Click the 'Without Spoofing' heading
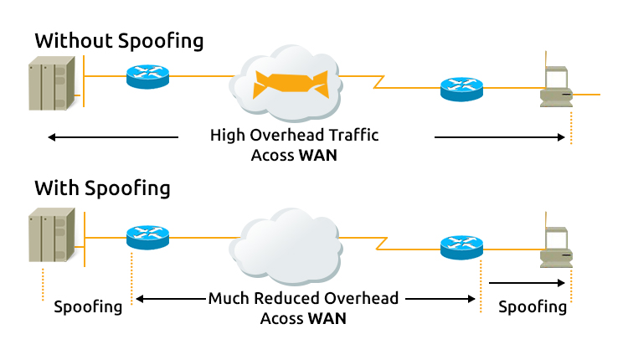[x=118, y=40]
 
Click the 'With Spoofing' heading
[x=101, y=188]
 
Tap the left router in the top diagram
[x=147, y=77]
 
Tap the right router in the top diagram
[x=461, y=88]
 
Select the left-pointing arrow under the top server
[x=112, y=137]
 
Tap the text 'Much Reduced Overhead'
[x=303, y=298]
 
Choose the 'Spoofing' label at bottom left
[x=88, y=306]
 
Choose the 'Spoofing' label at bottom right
[x=533, y=306]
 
